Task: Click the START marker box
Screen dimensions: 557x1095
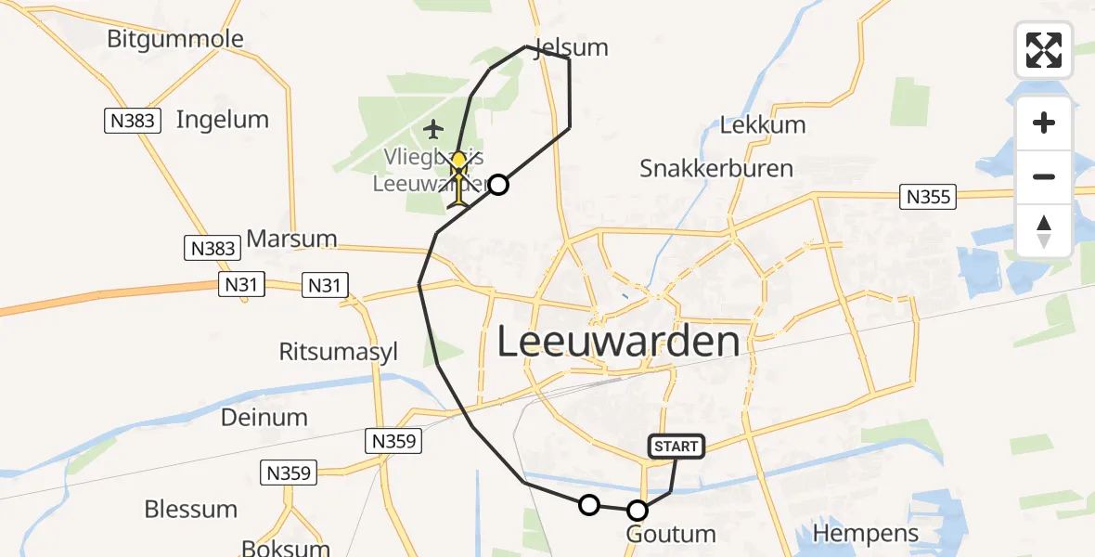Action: point(676,447)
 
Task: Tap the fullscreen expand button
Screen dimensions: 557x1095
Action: point(1044,50)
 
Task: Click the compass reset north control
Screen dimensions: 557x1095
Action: point(1044,230)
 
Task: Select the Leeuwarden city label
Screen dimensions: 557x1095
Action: point(619,343)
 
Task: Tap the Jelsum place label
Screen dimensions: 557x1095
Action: point(572,46)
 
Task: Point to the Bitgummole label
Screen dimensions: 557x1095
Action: point(175,39)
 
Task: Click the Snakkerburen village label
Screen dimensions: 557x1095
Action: point(716,168)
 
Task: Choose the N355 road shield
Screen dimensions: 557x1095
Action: point(927,197)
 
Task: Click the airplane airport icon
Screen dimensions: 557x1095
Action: point(433,128)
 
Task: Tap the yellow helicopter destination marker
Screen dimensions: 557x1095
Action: point(458,176)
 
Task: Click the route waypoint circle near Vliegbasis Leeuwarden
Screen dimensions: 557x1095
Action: point(498,185)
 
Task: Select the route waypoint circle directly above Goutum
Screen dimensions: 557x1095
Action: point(638,510)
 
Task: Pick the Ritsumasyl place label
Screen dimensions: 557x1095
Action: point(339,352)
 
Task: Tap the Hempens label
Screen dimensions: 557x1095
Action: point(866,534)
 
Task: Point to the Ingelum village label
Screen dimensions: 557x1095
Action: point(222,120)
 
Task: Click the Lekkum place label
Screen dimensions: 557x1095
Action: point(763,124)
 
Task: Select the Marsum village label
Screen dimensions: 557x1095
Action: point(291,239)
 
